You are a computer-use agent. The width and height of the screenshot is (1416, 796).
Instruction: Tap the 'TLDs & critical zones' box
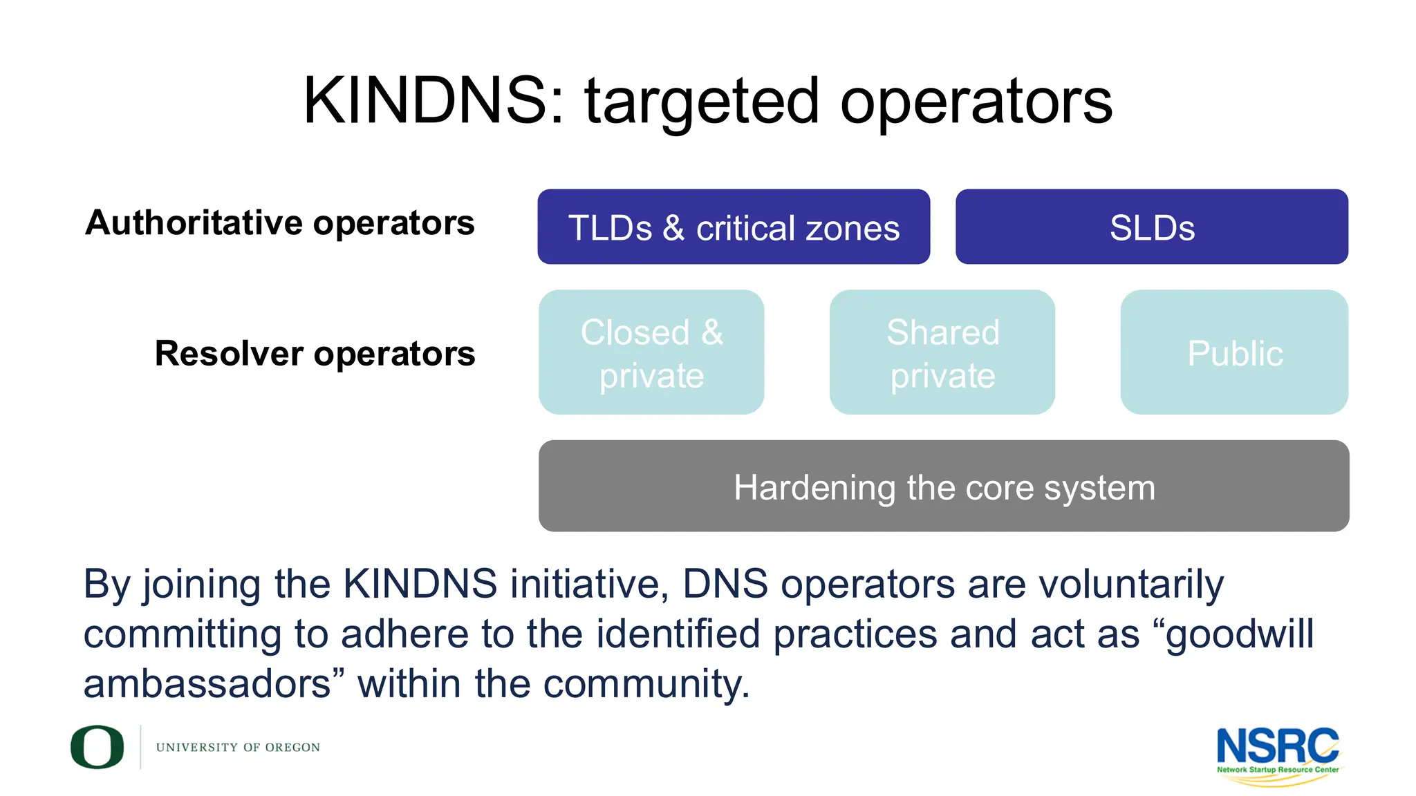734,227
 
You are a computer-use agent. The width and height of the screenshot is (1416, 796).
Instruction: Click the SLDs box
1152,227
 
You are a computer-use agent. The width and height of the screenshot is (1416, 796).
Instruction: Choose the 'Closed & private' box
651,352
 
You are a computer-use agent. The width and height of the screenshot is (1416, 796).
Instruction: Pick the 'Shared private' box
942,352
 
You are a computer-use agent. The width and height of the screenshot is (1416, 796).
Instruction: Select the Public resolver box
1235,352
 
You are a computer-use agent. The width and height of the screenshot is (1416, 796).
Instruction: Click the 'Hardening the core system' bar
944,486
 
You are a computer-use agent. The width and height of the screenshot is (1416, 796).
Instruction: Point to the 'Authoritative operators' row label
280,222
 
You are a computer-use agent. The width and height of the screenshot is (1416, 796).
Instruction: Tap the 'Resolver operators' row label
315,353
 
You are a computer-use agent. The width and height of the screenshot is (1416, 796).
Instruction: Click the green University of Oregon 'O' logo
97,747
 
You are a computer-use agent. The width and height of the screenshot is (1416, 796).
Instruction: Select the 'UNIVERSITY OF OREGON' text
238,748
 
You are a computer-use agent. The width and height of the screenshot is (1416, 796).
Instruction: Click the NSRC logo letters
1277,745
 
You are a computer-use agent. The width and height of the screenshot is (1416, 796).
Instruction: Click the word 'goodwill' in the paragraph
1239,634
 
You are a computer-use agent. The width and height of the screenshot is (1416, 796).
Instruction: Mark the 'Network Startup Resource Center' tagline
1278,770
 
